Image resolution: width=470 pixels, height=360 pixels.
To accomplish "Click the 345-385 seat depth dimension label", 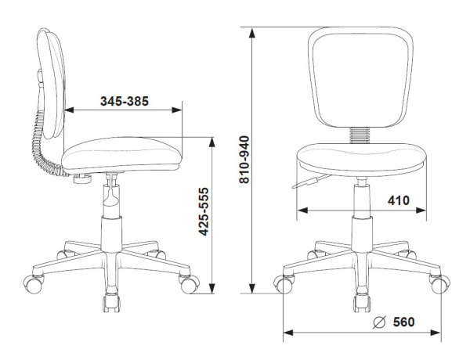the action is click(x=125, y=101).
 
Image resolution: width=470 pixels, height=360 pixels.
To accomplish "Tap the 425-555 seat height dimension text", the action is click(x=204, y=211).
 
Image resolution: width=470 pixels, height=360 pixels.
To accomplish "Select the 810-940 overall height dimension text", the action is click(x=244, y=160).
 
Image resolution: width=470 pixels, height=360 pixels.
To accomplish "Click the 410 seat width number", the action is click(x=399, y=200).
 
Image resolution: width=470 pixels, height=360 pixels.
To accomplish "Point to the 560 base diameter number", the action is click(x=403, y=322).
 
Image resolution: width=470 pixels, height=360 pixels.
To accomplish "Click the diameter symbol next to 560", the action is click(x=379, y=322).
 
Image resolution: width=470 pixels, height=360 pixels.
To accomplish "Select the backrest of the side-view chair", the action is click(x=51, y=84).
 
